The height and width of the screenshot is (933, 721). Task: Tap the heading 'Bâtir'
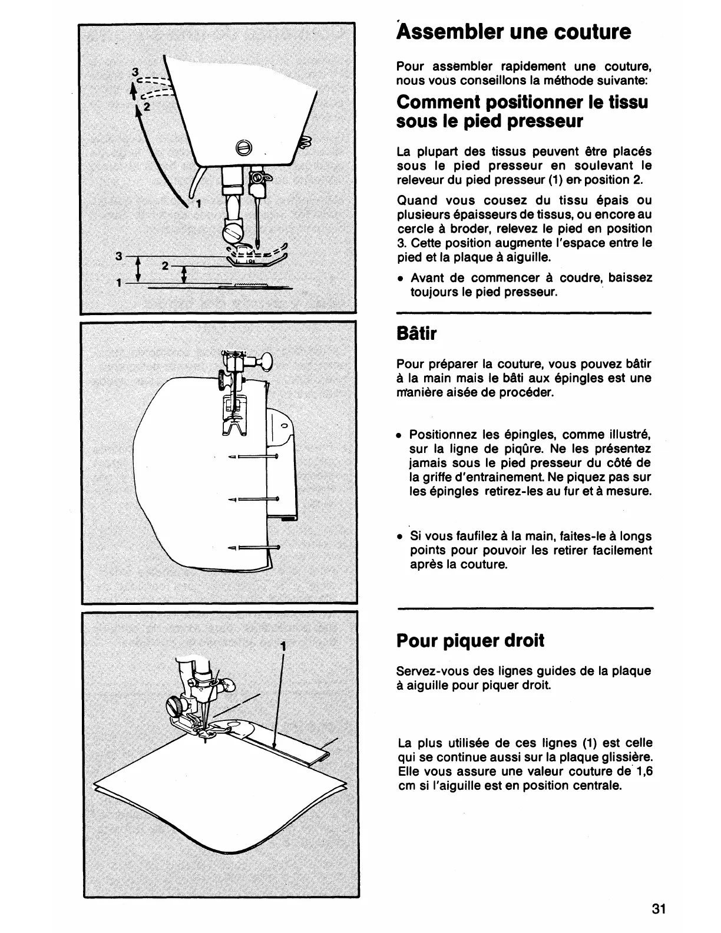coord(417,334)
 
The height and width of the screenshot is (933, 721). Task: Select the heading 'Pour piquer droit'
coord(471,640)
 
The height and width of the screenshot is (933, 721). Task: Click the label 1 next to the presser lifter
coord(199,204)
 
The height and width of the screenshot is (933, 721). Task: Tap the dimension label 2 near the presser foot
coord(166,266)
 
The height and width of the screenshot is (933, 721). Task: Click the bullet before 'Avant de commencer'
coord(400,279)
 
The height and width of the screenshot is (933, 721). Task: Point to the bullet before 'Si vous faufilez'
coord(400,537)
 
